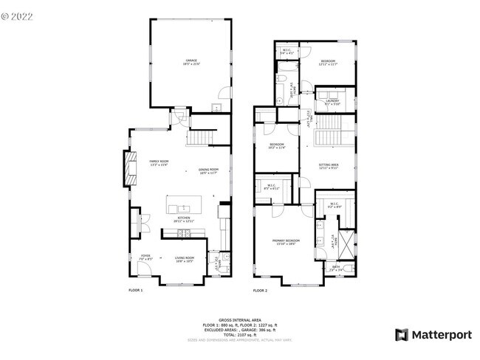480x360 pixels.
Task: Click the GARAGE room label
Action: pyautogui.click(x=192, y=61)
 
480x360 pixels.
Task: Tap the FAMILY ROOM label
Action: pyautogui.click(x=159, y=162)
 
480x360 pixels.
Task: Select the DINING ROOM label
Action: pyautogui.click(x=208, y=171)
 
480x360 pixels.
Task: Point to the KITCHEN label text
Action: pyautogui.click(x=183, y=218)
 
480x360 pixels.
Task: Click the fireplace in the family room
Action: pyautogui.click(x=131, y=168)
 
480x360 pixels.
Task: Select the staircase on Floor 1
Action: pyautogui.click(x=199, y=138)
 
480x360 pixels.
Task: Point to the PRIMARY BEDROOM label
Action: pyautogui.click(x=286, y=241)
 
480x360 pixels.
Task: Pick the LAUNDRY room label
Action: pyautogui.click(x=332, y=102)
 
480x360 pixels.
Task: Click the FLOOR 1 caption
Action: pyautogui.click(x=136, y=291)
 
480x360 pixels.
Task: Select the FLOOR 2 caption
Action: pyautogui.click(x=260, y=291)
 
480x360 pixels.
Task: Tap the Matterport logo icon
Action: pyautogui.click(x=401, y=335)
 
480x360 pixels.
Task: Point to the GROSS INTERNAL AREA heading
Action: pyautogui.click(x=239, y=320)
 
